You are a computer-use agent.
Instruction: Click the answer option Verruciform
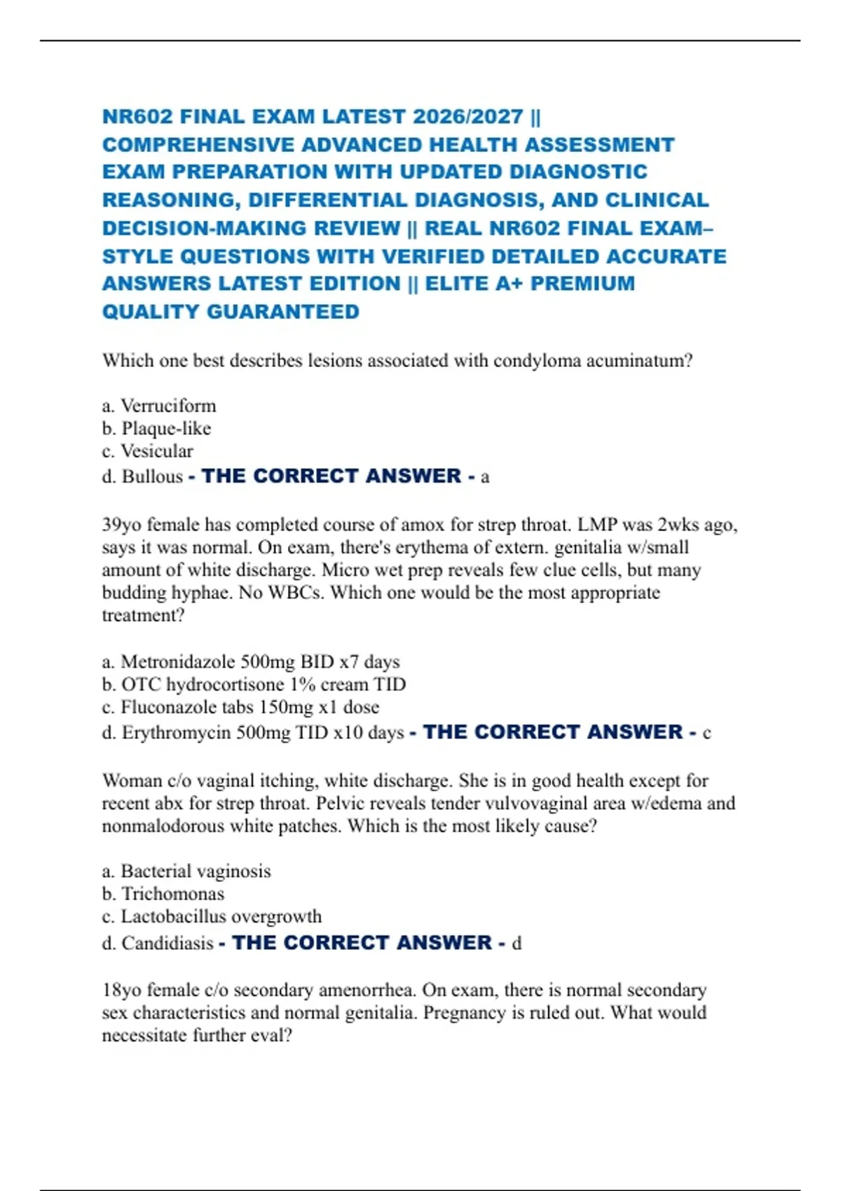[168, 406]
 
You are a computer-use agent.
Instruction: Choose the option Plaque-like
[166, 428]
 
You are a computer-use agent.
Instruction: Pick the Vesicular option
[156, 451]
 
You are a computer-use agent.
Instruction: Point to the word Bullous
[152, 476]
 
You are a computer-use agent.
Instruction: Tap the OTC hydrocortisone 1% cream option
[264, 684]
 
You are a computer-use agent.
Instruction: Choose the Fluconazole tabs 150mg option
[249, 707]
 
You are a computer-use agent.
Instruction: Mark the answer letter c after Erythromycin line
[706, 734]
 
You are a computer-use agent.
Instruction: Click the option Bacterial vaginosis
[196, 871]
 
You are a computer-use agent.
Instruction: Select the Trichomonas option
[172, 894]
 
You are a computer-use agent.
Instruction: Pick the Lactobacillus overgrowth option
[221, 916]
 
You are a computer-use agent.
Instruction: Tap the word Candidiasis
[167, 943]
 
